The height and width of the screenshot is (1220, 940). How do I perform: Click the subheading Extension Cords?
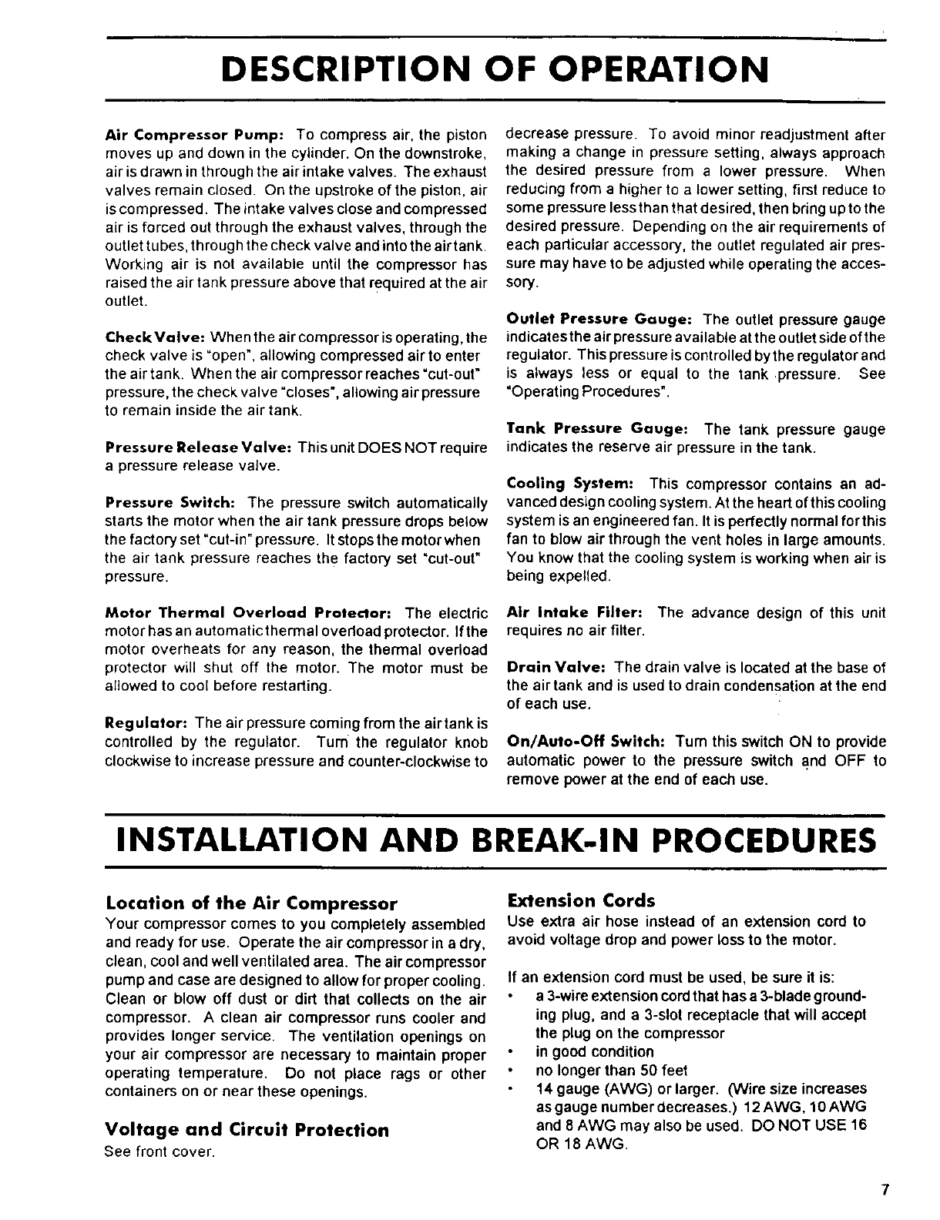point(580,900)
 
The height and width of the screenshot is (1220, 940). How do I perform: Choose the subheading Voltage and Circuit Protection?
point(247,1130)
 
